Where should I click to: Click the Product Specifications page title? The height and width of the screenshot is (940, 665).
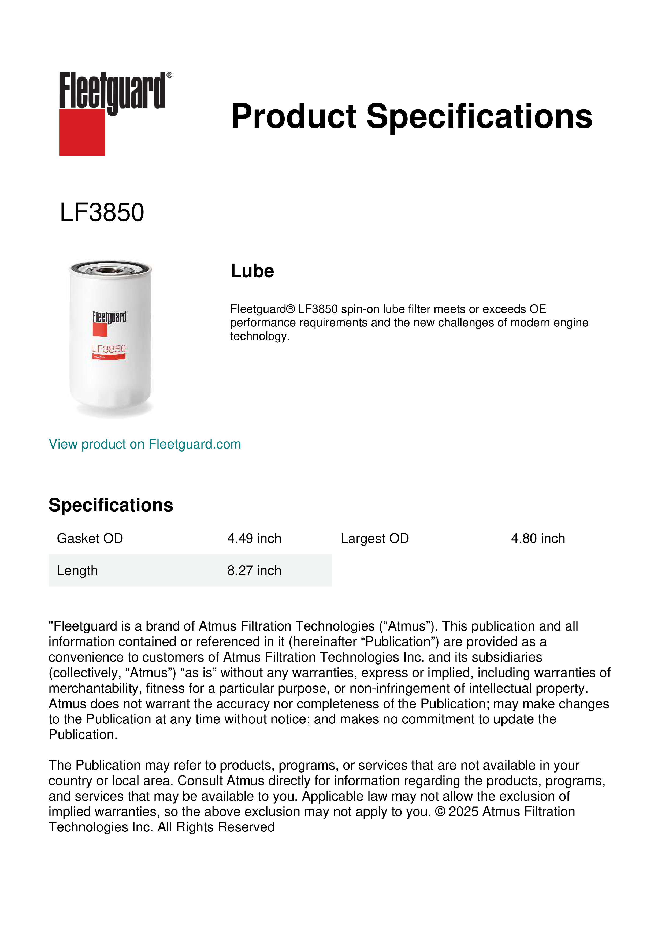[x=411, y=116]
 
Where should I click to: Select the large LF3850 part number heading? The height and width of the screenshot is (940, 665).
[x=102, y=212]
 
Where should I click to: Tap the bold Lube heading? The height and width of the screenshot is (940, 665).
[x=252, y=271]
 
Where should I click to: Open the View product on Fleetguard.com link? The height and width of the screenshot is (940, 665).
[x=144, y=444]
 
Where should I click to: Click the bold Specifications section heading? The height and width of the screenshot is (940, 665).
[x=110, y=505]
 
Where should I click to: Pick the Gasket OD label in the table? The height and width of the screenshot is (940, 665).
[x=90, y=538]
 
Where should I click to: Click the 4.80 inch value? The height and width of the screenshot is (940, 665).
[x=538, y=538]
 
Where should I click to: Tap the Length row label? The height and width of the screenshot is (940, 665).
[x=77, y=570]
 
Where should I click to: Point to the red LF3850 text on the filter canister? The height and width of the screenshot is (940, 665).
[x=109, y=349]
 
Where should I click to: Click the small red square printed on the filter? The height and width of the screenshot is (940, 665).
[x=99, y=330]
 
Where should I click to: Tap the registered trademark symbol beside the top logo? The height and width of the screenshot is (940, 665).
[x=169, y=75]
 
